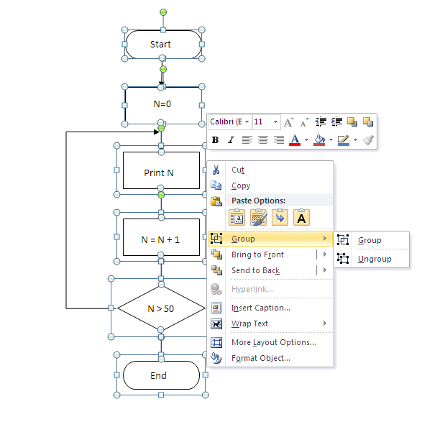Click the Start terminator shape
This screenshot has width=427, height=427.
162,45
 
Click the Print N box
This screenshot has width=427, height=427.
160,173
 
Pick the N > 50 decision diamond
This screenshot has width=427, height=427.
160,308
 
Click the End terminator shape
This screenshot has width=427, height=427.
160,375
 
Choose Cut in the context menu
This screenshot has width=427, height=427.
238,170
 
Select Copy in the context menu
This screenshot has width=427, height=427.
241,185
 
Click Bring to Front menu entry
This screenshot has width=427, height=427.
257,254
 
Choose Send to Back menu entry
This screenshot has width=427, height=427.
255,270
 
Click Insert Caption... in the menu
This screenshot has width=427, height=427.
260,308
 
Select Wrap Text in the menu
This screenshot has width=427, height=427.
249,323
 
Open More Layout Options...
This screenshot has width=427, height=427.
273,342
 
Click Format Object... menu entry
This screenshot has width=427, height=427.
260,358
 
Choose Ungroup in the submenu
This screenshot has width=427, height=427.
375,259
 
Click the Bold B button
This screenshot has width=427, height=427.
215,139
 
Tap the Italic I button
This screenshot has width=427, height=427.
231,139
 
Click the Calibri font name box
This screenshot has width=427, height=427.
229,122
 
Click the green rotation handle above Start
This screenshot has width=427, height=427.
163,12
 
